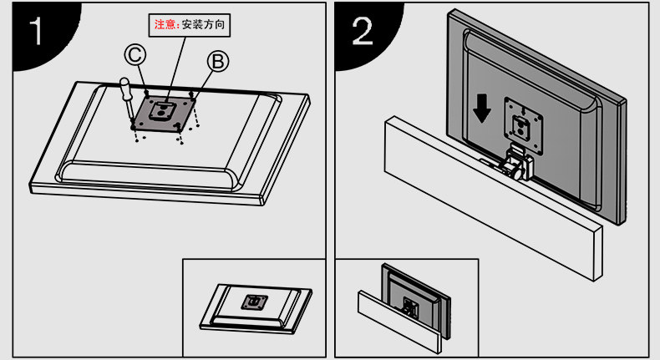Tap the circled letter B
[x=217, y=61]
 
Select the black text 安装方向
[x=203, y=23]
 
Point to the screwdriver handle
[x=123, y=89]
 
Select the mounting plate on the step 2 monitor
[x=520, y=120]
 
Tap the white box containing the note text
[x=190, y=23]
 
